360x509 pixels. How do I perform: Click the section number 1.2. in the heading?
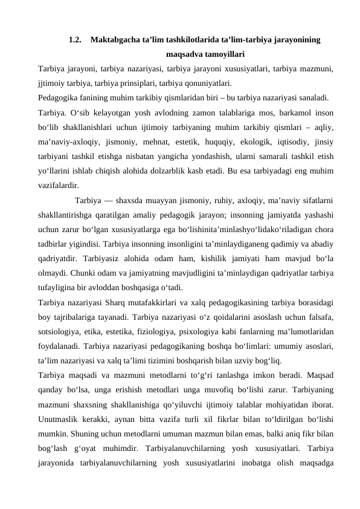point(76,41)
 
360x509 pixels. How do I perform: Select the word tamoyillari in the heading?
point(222,54)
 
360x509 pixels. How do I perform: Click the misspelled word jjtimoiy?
point(51,83)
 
